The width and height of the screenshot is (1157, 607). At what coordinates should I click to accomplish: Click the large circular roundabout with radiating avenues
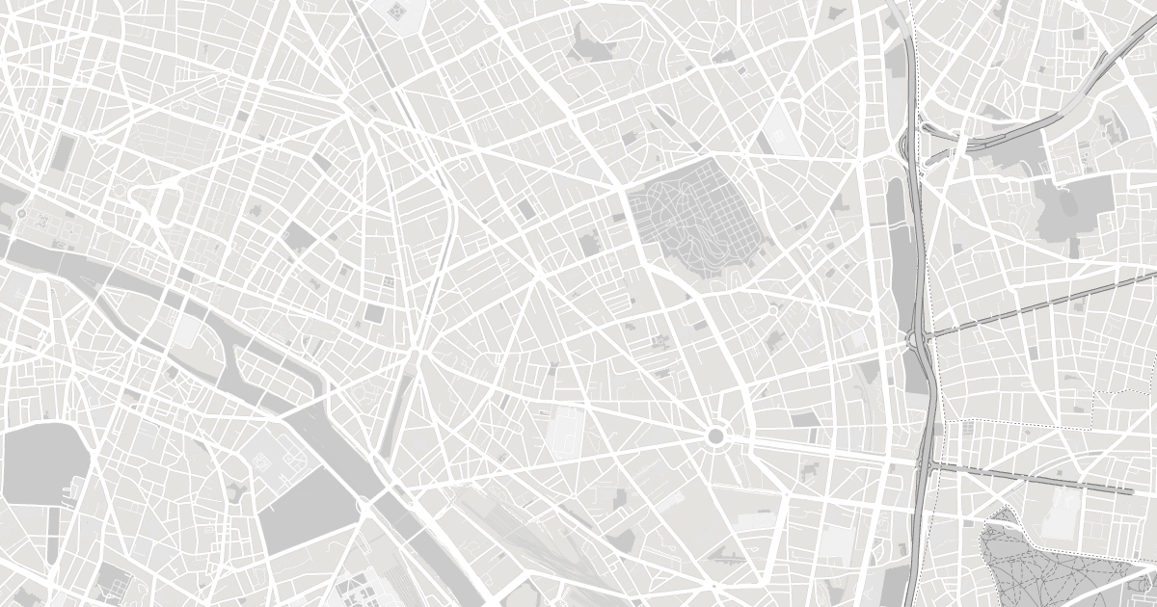click(x=714, y=436)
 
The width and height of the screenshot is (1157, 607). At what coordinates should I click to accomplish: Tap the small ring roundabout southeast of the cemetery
click(x=772, y=310)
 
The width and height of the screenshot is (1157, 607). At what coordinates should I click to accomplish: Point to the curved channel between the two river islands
click(x=217, y=328)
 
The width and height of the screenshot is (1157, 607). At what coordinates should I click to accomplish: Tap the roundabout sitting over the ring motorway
click(x=912, y=339)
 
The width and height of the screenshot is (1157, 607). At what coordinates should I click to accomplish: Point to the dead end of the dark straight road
click(x=1132, y=491)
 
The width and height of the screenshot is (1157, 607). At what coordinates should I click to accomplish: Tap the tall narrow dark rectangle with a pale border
click(x=66, y=154)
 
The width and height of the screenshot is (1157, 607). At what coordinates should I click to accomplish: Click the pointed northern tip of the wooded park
click(x=1007, y=509)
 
